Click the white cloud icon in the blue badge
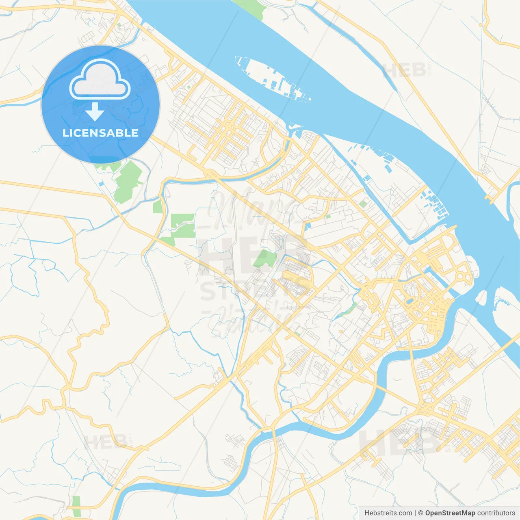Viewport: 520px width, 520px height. click(x=100, y=80)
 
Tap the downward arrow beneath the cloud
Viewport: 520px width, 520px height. click(x=95, y=112)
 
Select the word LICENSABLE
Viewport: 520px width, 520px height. click(x=100, y=133)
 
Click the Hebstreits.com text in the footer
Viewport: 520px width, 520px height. click(x=388, y=513)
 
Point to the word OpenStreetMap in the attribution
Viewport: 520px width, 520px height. click(x=450, y=513)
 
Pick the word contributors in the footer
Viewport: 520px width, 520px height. click(x=496, y=513)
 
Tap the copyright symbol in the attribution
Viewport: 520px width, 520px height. click(x=420, y=513)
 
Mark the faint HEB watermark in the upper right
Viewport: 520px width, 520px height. click(x=404, y=70)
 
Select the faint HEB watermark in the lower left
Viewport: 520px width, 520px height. click(x=105, y=442)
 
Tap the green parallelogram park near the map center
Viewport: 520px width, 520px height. click(x=265, y=258)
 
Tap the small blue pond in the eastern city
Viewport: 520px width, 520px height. click(x=409, y=301)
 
